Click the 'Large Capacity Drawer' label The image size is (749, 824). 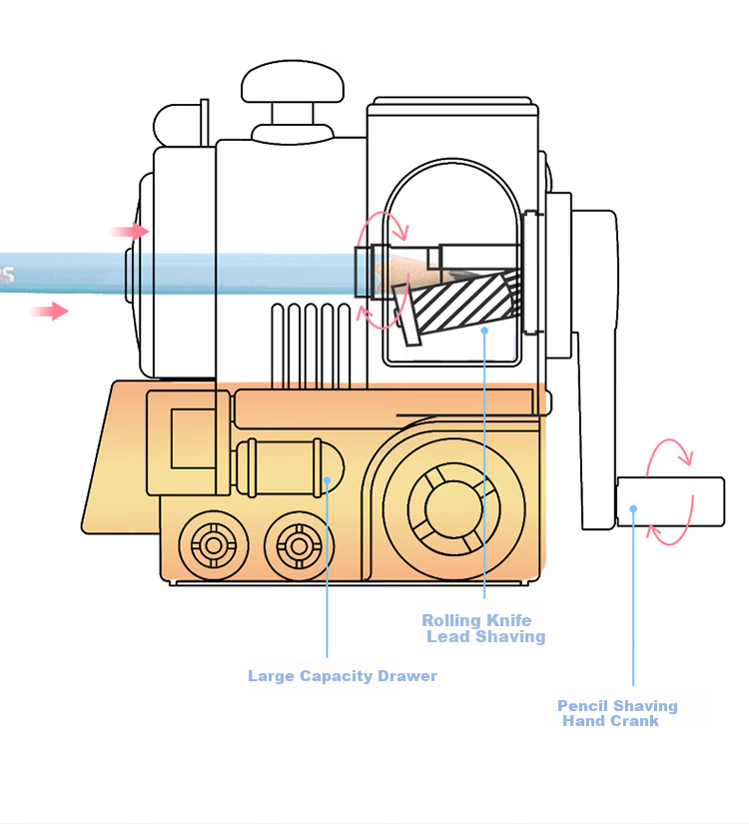click(x=343, y=676)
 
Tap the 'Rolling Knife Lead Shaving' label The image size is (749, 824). click(x=483, y=628)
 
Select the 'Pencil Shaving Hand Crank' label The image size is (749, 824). click(x=617, y=713)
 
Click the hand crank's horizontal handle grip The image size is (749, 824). click(x=671, y=501)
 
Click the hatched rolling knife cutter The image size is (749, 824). click(x=456, y=304)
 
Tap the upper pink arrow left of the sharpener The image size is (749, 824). click(x=131, y=232)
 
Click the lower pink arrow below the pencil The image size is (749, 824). click(x=49, y=311)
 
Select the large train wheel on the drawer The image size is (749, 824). click(x=454, y=508)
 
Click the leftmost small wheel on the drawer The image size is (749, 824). click(x=214, y=545)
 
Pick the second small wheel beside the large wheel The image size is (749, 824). click(x=299, y=546)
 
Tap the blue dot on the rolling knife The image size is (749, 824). click(x=484, y=330)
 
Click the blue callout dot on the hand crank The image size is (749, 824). click(x=633, y=508)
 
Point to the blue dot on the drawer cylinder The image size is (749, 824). click(x=327, y=480)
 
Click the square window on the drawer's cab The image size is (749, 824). click(x=193, y=438)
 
